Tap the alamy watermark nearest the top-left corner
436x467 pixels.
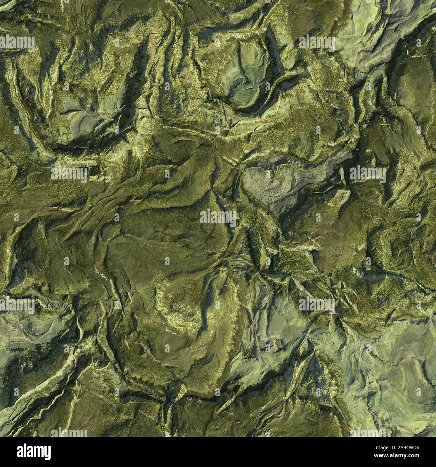click(x=17, y=43)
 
